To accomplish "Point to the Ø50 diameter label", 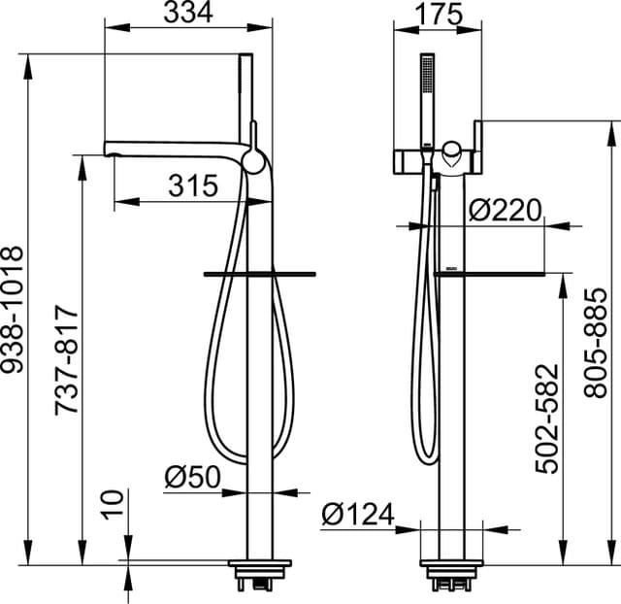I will click(x=192, y=477).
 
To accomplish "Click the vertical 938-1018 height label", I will click(x=15, y=310).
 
